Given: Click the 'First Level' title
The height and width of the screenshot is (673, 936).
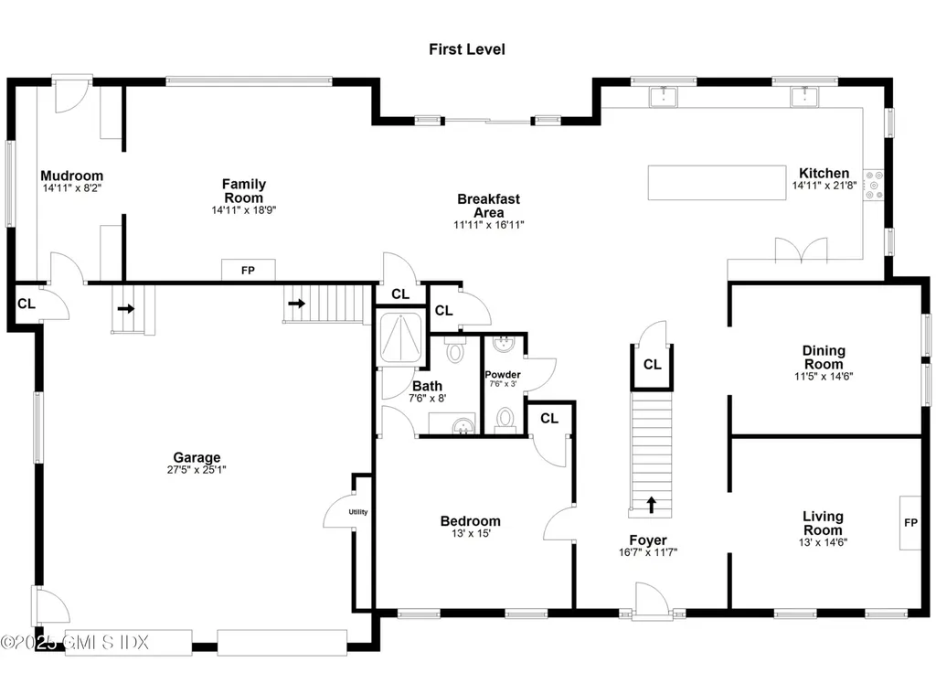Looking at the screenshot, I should pos(466,49).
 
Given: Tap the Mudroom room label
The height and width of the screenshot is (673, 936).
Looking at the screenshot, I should pos(71,176).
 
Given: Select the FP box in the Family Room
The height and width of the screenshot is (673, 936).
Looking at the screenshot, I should pos(248,271).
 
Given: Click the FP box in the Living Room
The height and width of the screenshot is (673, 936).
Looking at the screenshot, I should pos(910,523).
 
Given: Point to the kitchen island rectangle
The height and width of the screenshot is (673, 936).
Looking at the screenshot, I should pos(717,182).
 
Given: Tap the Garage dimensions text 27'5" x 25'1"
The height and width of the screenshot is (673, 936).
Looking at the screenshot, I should pos(197,471).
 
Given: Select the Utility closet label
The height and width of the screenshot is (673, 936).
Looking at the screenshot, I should pos(357,512).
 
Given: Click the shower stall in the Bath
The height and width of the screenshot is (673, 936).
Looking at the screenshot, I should pos(400,338).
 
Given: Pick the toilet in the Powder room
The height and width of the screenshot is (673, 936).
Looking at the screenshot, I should pos(505,419).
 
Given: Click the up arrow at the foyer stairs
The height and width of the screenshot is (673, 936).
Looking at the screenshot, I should pos(651,504).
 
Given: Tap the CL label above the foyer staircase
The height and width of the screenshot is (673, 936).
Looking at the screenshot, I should pos(652,365).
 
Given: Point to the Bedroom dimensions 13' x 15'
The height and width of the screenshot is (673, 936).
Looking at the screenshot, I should pos(470,534).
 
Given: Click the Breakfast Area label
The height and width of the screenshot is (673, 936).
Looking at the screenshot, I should pos(488,206).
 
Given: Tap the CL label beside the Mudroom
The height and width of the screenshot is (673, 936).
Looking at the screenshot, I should pos(26,304).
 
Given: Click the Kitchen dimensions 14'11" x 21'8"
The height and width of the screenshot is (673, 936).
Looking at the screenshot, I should pos(824,186).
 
